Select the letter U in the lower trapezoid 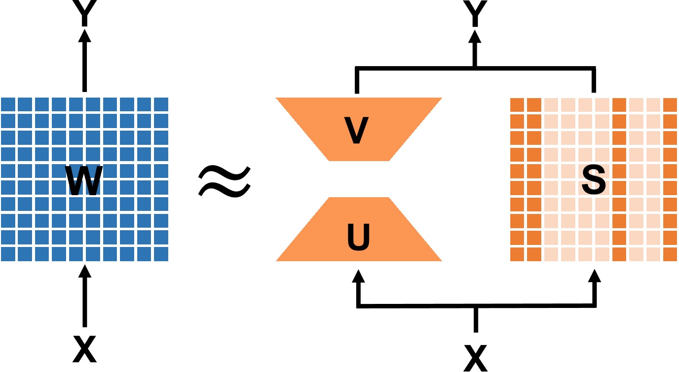(x=358, y=236)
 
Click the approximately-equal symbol (x=224, y=181)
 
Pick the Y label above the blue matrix (x=84, y=13)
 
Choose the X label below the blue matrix (x=84, y=350)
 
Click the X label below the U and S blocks (x=475, y=357)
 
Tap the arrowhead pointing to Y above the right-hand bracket (x=475, y=37)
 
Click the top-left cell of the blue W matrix (x=8, y=104)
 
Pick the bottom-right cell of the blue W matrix (x=161, y=254)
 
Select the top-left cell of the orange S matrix (x=517, y=104)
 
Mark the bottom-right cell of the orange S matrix (x=670, y=254)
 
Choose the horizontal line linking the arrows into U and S (x=476, y=305)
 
